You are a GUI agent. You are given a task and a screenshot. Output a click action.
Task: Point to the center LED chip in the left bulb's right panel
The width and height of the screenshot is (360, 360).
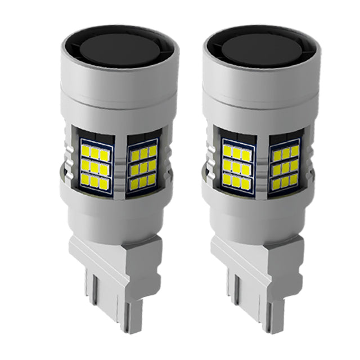143,168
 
